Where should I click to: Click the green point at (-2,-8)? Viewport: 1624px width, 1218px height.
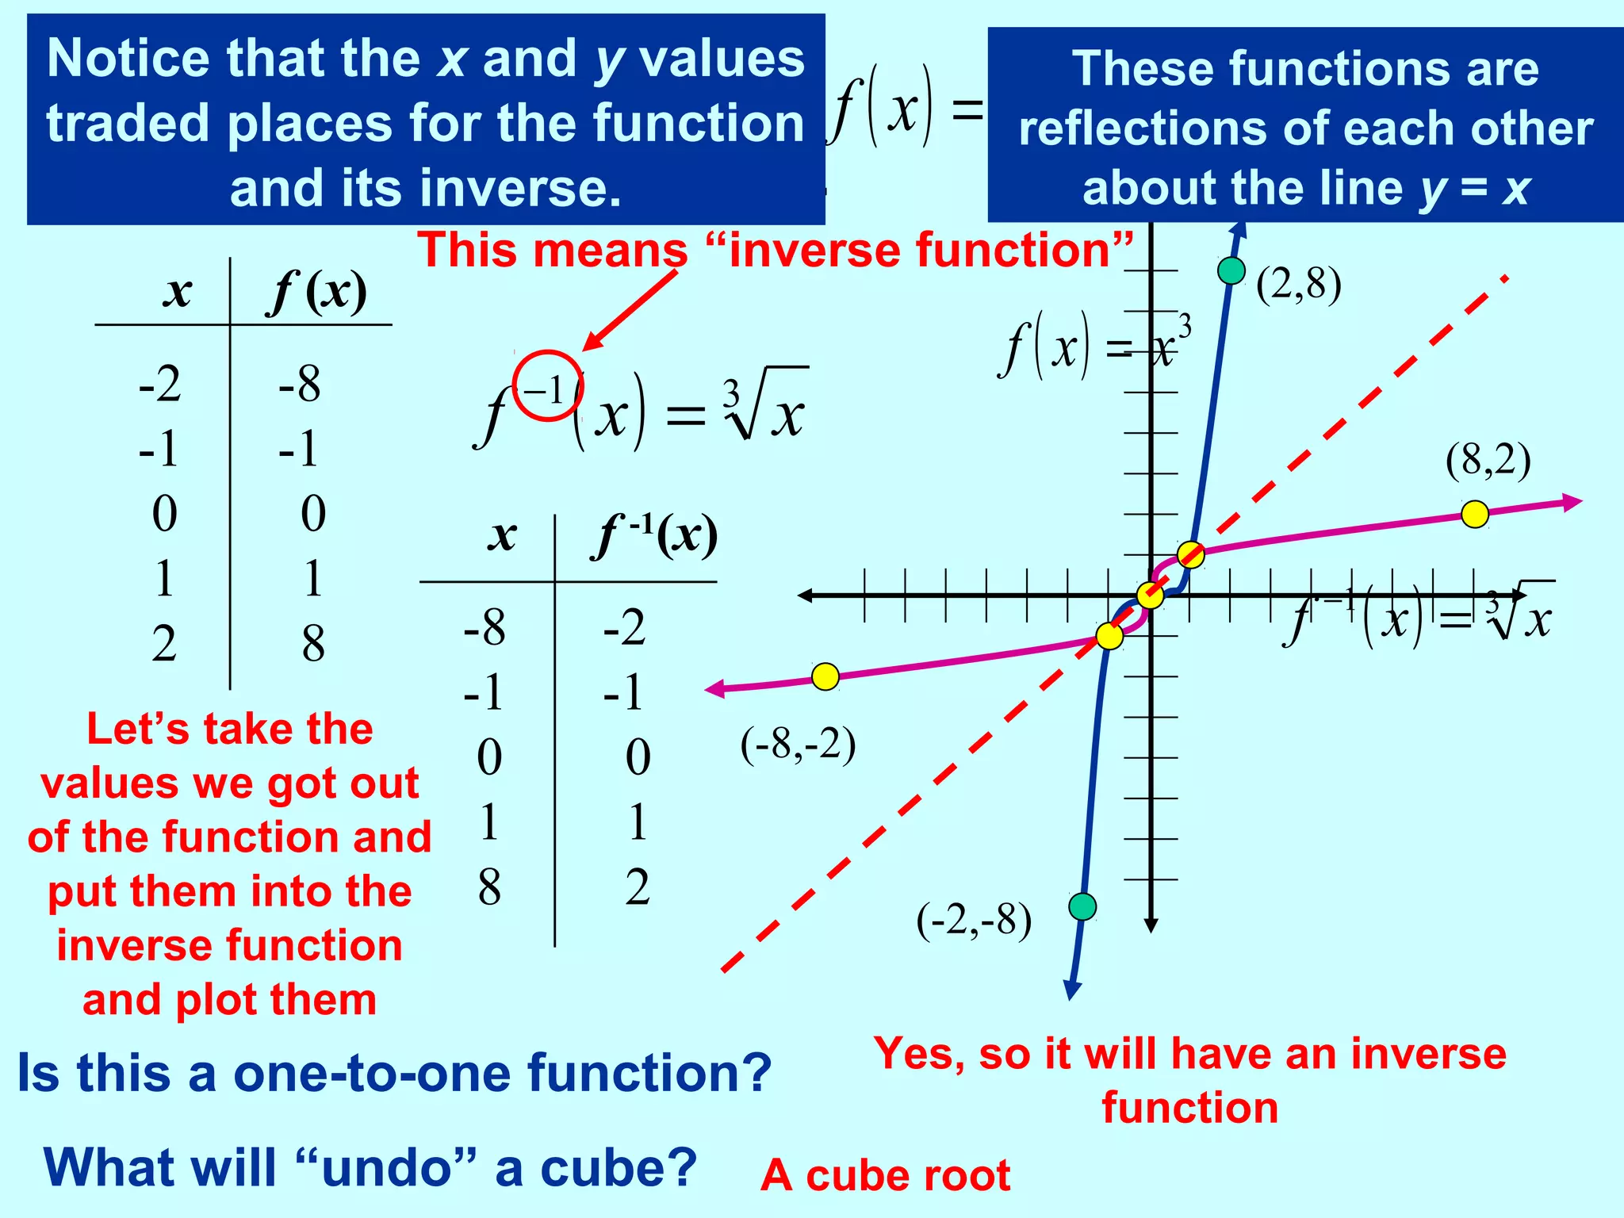[x=1082, y=906]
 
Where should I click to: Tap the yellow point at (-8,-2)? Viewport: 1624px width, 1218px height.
[x=825, y=676]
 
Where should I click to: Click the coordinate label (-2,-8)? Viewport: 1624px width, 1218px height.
[x=974, y=921]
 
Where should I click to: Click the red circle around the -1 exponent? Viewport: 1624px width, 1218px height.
[x=548, y=386]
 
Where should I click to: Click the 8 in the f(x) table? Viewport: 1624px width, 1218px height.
[x=313, y=643]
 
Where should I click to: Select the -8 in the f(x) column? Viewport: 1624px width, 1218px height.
[x=300, y=385]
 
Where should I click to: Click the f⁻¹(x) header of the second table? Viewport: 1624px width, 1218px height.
[x=655, y=536]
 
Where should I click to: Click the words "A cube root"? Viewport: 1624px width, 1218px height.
[x=885, y=1175]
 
